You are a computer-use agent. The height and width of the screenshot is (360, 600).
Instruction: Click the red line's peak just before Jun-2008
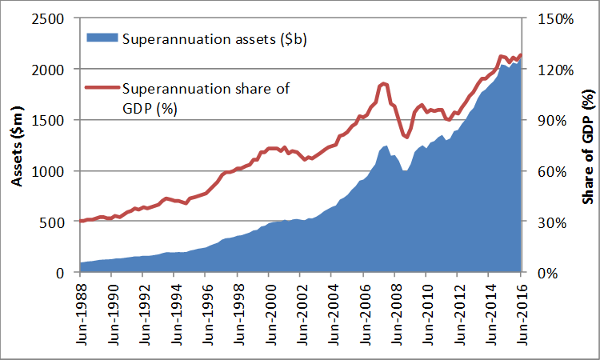[x=384, y=83]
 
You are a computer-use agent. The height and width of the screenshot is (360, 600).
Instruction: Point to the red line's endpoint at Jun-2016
[x=522, y=55]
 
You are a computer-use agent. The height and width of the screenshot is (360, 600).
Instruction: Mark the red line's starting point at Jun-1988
[x=81, y=221]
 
